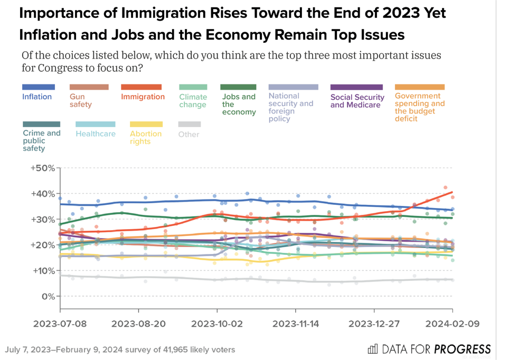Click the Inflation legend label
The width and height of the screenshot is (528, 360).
tap(37, 97)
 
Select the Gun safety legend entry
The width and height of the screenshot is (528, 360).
tap(81, 100)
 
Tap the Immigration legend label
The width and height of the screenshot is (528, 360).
tap(143, 97)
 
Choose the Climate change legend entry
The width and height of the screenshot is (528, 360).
tap(193, 100)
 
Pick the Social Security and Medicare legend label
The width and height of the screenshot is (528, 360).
tap(357, 100)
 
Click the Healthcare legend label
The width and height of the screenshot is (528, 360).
tap(96, 134)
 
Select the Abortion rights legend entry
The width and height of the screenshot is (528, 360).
tap(146, 137)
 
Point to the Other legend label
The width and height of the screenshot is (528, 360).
tap(188, 134)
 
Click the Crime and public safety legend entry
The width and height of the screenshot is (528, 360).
tap(41, 140)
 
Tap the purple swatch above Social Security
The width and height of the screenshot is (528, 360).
tap(356, 87)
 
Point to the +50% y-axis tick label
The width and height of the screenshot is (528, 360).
tap(43, 168)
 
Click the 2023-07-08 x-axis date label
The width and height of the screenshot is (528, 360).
tap(60, 324)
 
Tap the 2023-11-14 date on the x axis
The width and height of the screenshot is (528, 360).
tap(296, 324)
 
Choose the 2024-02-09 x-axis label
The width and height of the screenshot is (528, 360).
tap(453, 324)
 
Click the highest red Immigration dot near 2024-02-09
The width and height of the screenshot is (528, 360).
tap(446, 187)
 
